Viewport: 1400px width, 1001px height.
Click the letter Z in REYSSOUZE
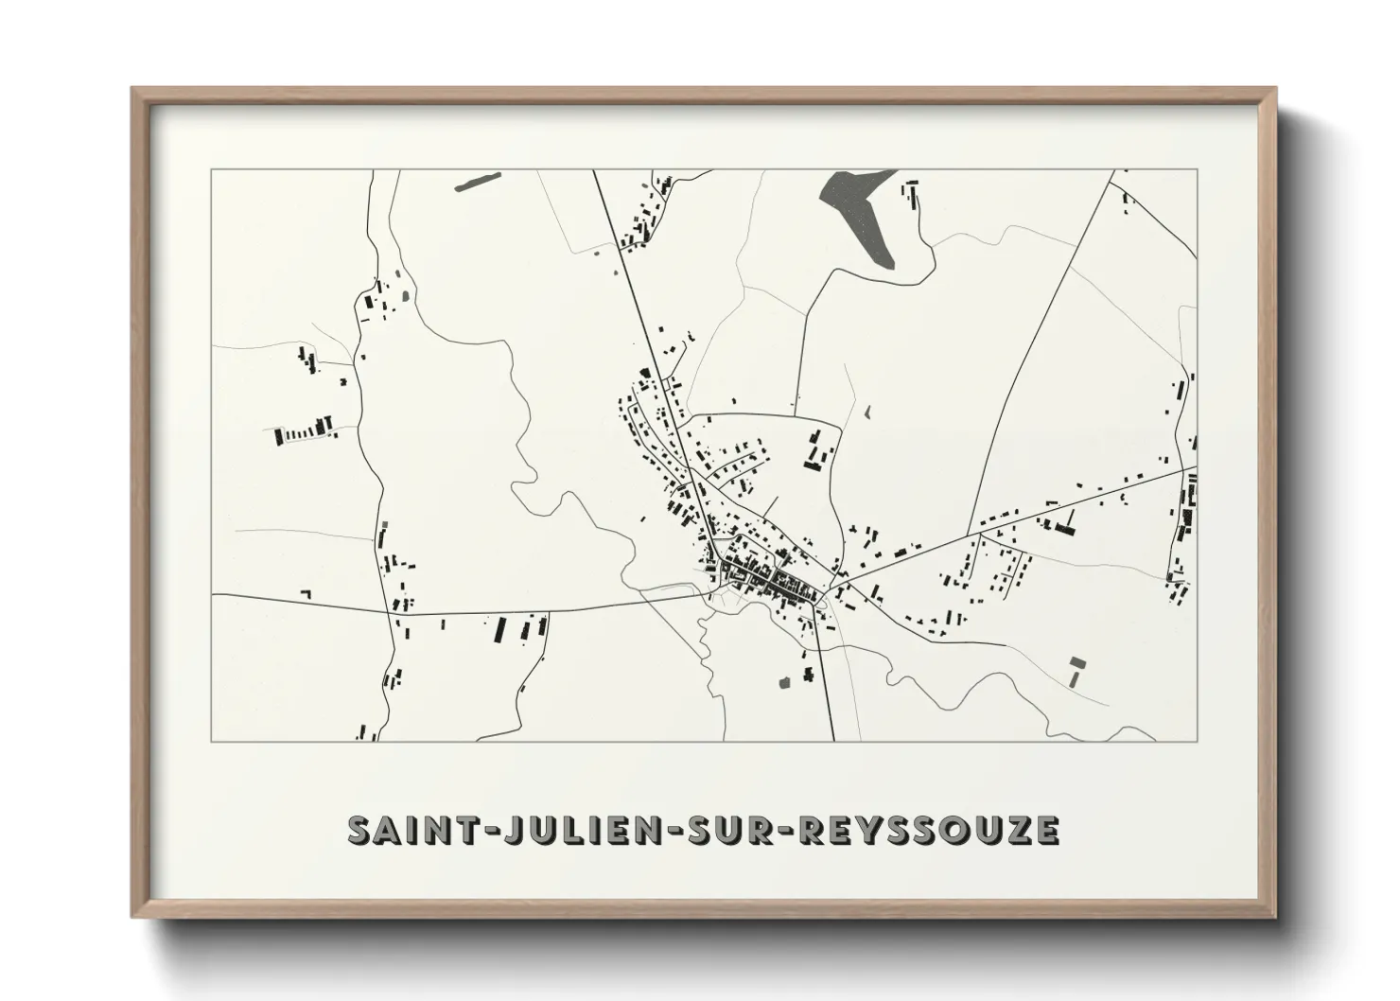tap(1019, 830)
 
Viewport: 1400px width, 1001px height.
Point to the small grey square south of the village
tap(783, 680)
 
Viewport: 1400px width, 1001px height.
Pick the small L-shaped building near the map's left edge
tap(306, 594)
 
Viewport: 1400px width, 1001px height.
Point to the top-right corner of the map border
tap(1197, 170)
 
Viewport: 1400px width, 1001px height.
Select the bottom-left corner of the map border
tap(212, 741)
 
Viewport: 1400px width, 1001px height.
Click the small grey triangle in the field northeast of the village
tap(867, 413)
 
